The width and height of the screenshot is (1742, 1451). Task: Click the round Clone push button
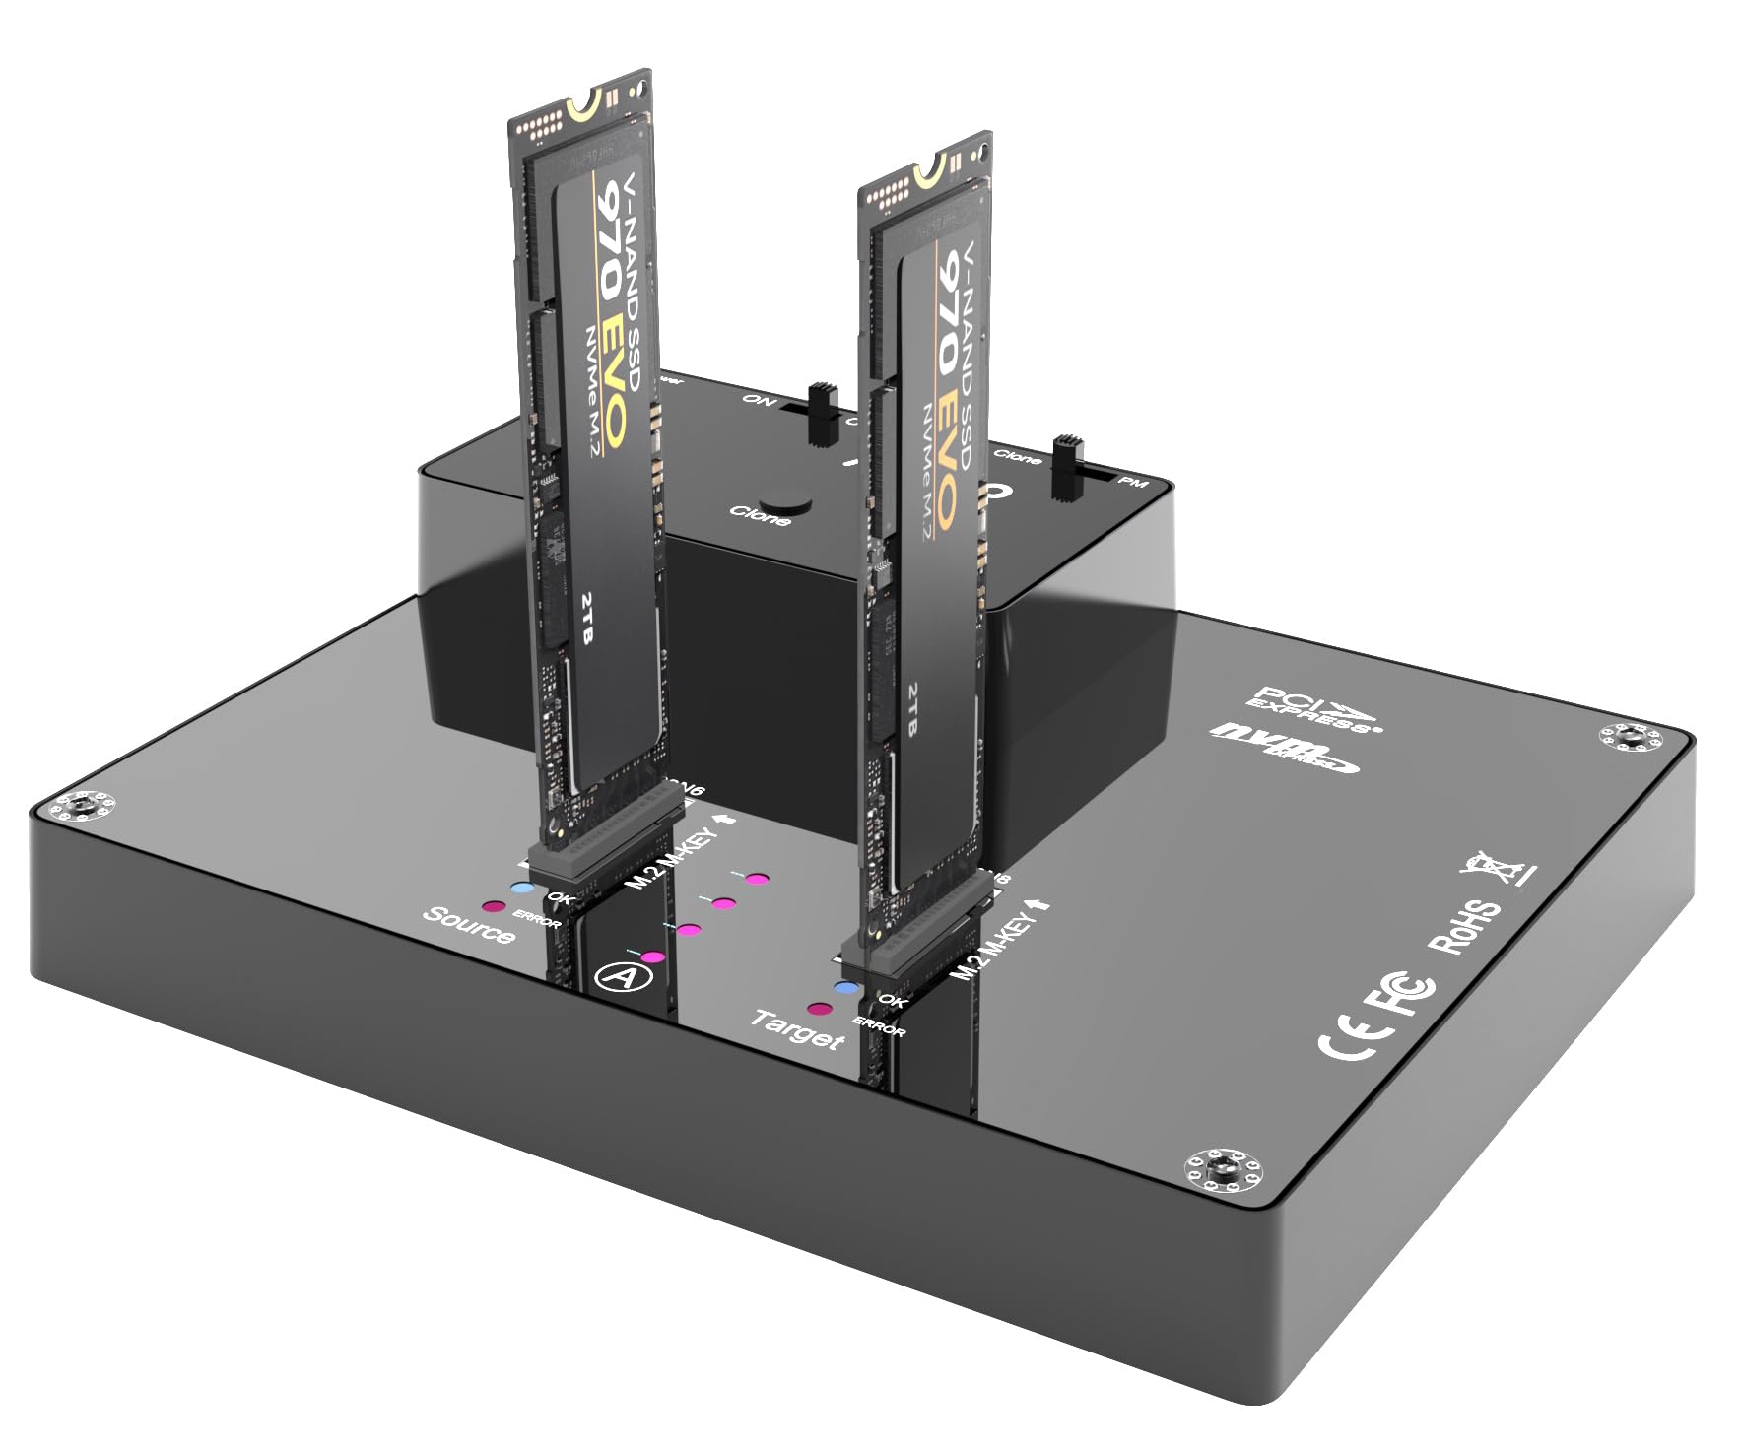[x=789, y=498]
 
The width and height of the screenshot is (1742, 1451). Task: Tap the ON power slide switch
[x=817, y=411]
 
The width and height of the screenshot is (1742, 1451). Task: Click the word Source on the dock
[x=469, y=925]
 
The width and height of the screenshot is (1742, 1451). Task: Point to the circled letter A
[x=615, y=976]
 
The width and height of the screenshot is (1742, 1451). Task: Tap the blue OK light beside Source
[x=523, y=888]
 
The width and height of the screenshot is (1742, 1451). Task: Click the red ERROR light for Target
[x=818, y=1009]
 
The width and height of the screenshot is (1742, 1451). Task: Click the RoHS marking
[x=1466, y=927]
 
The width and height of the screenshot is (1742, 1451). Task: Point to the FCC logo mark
[x=1403, y=995]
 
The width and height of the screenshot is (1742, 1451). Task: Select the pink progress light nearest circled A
[x=653, y=956]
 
